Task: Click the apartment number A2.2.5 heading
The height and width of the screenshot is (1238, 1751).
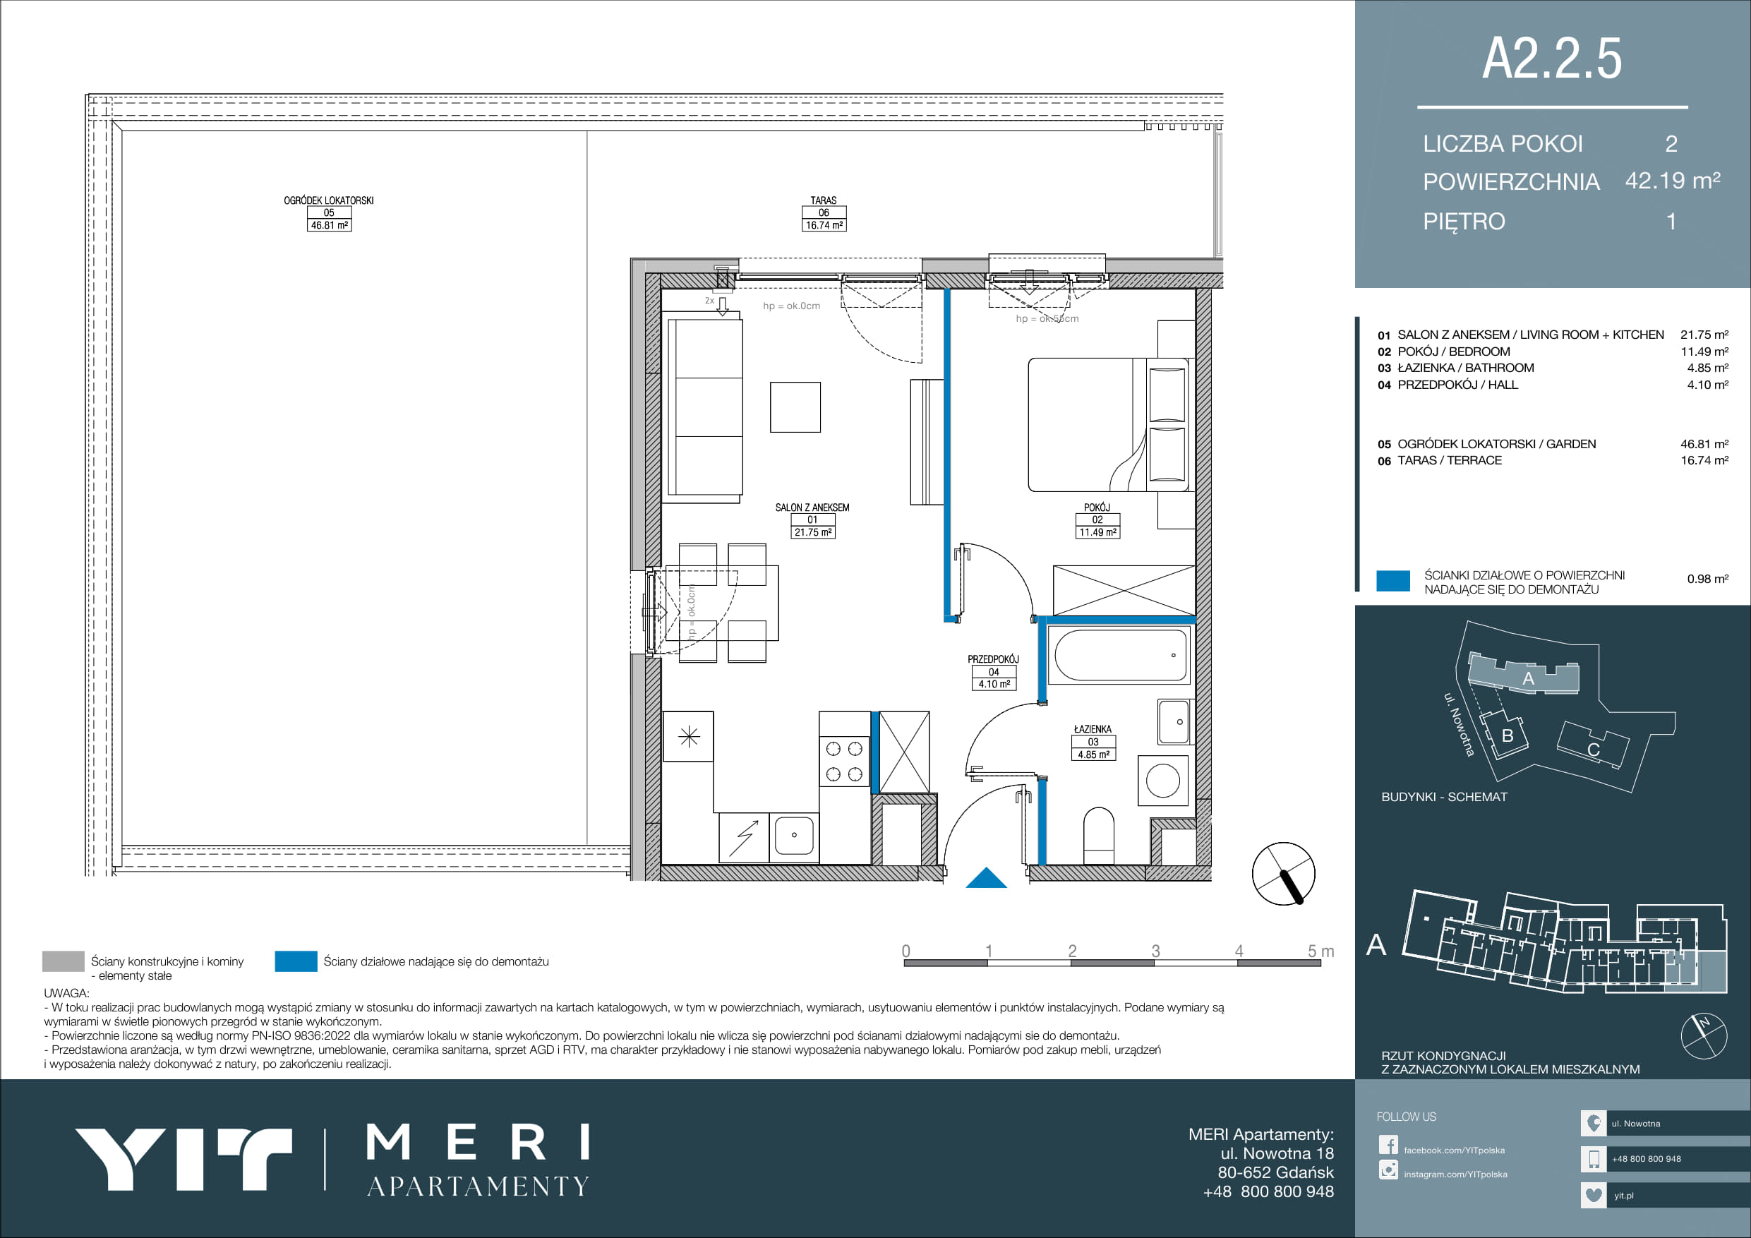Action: [x=1552, y=59]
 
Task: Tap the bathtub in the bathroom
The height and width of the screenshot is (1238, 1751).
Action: [x=1120, y=655]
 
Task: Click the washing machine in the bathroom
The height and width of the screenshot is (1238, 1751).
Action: [x=1162, y=781]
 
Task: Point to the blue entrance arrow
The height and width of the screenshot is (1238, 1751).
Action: [x=986, y=878]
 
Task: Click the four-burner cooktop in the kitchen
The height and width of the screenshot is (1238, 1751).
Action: [x=844, y=762]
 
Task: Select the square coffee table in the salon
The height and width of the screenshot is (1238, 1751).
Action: [x=795, y=407]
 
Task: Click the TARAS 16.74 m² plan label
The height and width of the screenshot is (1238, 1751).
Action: [x=824, y=213]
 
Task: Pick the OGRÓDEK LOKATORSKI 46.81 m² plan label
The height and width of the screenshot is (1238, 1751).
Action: [x=329, y=213]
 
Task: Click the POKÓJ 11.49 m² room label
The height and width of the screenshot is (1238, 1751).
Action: [x=1097, y=520]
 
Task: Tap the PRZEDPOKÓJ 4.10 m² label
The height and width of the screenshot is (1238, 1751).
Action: [x=993, y=672]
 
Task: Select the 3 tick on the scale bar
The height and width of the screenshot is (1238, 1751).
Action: [x=1155, y=951]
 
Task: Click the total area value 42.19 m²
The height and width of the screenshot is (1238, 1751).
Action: [x=1673, y=181]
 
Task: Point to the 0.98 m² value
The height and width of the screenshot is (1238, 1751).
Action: [x=1707, y=579]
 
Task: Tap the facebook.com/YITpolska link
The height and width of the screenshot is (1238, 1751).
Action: [x=1455, y=1150]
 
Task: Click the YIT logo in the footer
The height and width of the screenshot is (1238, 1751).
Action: [x=183, y=1159]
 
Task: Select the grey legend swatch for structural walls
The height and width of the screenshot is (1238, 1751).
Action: [x=64, y=961]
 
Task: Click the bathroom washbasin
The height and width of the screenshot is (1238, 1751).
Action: [x=1174, y=721]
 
